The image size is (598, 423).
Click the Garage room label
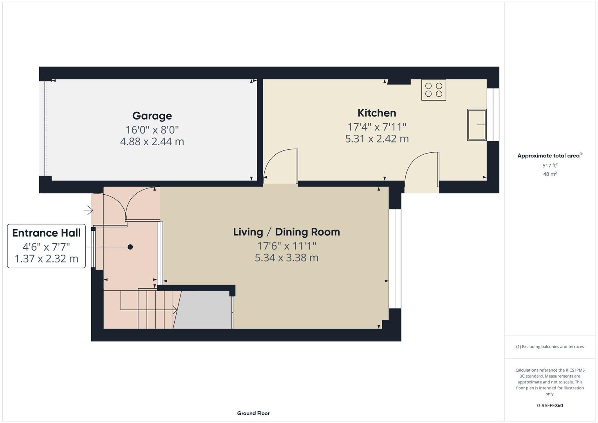click(152, 116)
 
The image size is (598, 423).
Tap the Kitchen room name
click(377, 113)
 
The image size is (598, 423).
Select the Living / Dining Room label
click(286, 232)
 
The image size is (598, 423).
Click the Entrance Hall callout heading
click(46, 233)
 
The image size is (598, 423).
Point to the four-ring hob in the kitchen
click(434, 90)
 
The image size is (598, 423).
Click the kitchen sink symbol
click(476, 125)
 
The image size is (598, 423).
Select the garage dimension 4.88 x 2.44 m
click(152, 141)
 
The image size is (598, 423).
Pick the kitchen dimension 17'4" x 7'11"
click(377, 127)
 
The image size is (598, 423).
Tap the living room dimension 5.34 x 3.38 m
click(286, 258)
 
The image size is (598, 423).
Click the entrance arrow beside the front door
click(88, 210)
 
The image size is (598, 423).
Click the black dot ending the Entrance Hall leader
click(130, 247)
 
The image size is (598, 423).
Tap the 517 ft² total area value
click(550, 166)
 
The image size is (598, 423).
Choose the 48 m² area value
click(550, 174)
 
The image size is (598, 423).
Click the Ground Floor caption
click(253, 413)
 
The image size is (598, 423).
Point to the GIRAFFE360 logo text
click(550, 405)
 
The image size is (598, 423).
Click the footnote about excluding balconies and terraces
click(550, 347)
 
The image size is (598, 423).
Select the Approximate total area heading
click(549, 155)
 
